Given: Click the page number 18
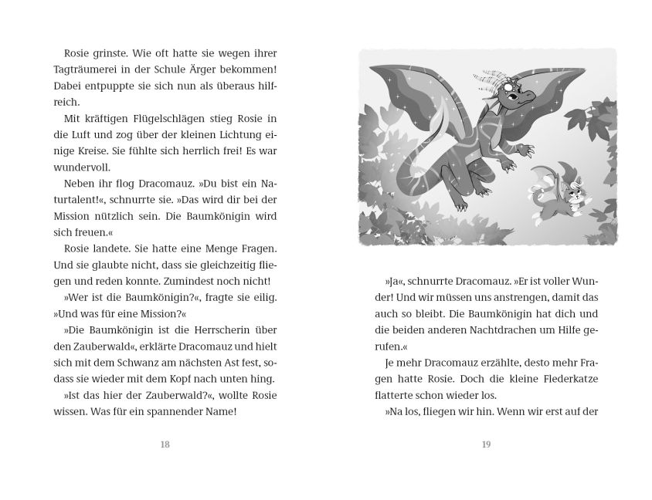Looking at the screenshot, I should coord(165,444).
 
